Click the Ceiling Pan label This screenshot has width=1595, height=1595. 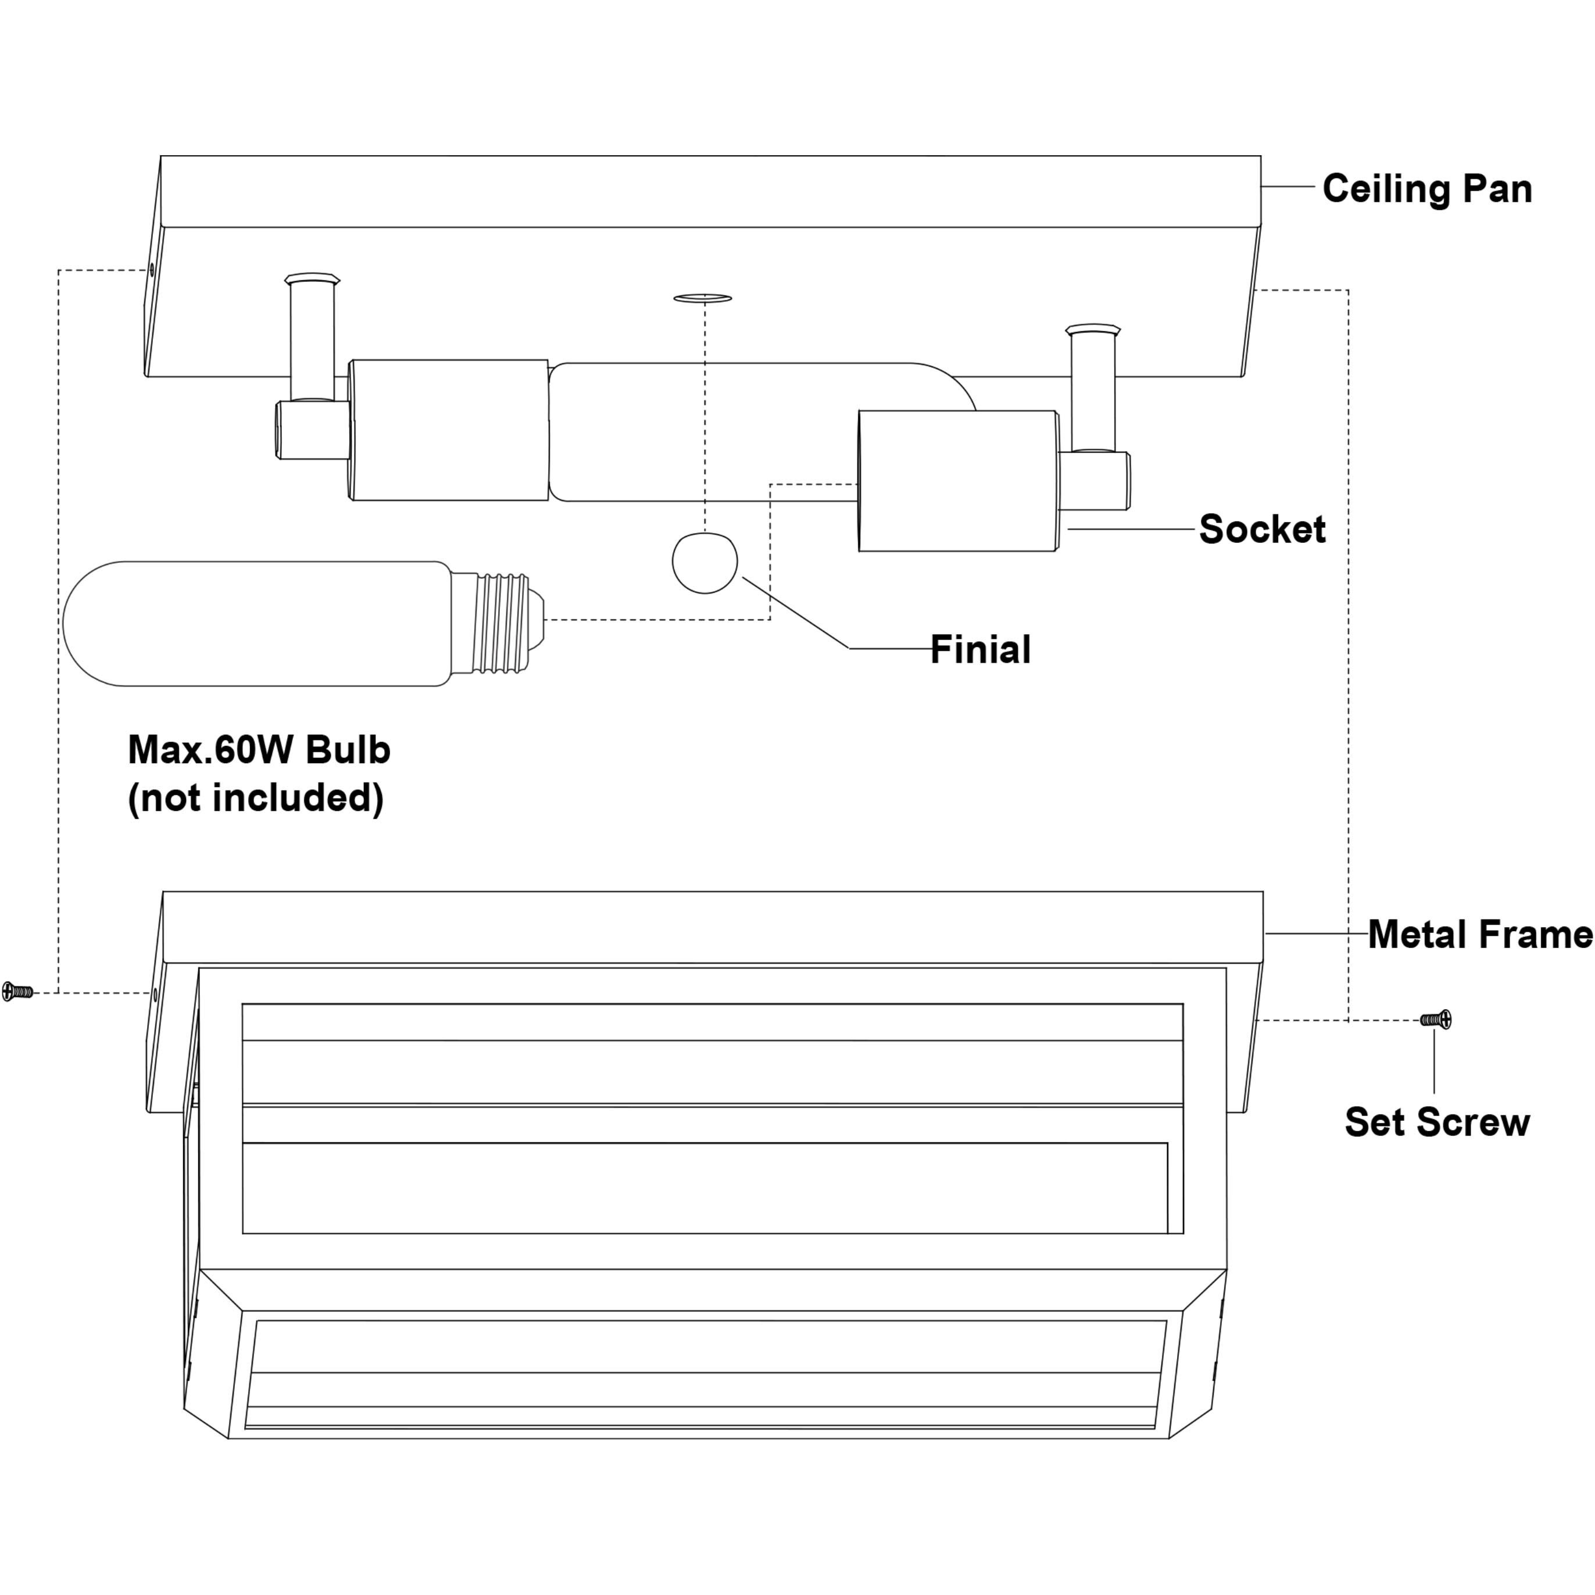pyautogui.click(x=1426, y=188)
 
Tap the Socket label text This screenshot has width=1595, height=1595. pyautogui.click(x=1261, y=528)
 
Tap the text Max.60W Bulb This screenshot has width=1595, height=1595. pyautogui.click(x=259, y=750)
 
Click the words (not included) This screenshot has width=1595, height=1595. pyautogui.click(x=255, y=797)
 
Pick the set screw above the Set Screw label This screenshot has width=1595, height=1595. pyautogui.click(x=1436, y=1020)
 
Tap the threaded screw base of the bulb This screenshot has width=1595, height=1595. pyautogui.click(x=499, y=623)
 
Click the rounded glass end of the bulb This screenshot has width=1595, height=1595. pyautogui.click(x=91, y=623)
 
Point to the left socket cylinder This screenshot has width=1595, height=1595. pyautogui.click(x=449, y=430)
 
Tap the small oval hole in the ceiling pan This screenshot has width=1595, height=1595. pyautogui.click(x=703, y=298)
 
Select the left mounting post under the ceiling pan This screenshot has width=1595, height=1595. pyautogui.click(x=312, y=338)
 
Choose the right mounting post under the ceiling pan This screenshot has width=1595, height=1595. pyautogui.click(x=1092, y=388)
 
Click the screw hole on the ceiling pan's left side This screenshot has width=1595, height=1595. pyautogui.click(x=151, y=270)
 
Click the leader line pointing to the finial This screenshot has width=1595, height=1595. pyautogui.click(x=797, y=613)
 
